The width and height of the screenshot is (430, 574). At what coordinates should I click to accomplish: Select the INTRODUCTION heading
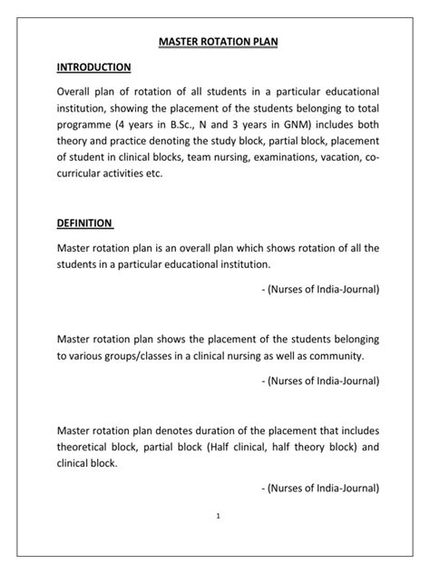(x=94, y=68)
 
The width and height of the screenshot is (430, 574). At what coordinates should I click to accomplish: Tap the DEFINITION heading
(x=84, y=223)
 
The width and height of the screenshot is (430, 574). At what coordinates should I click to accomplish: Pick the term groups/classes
(x=151, y=355)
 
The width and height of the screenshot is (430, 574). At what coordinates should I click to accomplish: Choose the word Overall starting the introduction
(x=79, y=94)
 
